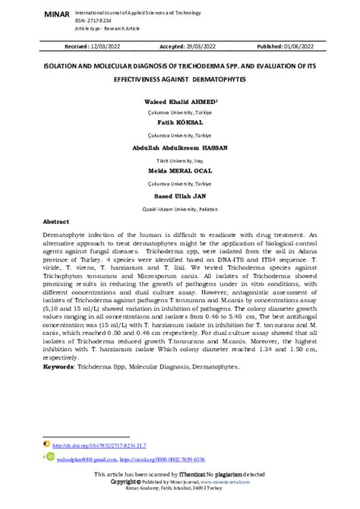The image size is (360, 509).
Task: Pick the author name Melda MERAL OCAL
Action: (x=180, y=172)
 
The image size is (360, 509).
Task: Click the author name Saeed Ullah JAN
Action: (x=180, y=195)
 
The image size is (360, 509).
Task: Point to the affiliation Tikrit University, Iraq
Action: (x=180, y=160)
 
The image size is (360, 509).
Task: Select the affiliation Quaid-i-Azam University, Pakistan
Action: (x=180, y=207)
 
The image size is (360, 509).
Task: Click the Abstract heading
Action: (x=56, y=223)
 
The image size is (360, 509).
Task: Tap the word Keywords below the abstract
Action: (x=58, y=368)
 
